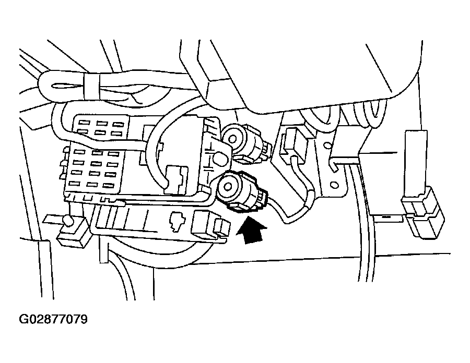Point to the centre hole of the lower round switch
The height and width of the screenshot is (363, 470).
[x=228, y=186]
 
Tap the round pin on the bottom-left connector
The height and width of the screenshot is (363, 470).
[x=67, y=222]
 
